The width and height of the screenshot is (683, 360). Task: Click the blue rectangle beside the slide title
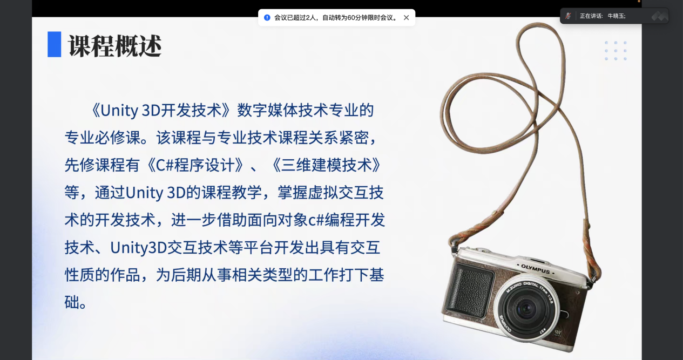point(55,44)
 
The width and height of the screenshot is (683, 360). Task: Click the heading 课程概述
point(114,46)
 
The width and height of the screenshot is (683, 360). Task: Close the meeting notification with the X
point(406,18)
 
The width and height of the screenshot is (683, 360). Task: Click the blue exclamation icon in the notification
point(267,18)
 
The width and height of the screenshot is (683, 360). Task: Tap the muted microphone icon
point(568,16)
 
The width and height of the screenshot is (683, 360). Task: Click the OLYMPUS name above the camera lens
point(535,269)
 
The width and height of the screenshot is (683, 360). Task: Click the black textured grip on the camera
point(469,290)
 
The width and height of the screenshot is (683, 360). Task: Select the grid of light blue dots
point(616,51)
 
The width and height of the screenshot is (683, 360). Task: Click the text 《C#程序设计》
point(195,165)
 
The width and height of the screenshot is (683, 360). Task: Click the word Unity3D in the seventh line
point(138,248)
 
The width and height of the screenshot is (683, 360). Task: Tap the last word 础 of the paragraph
point(72,302)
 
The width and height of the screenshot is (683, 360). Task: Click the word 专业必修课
point(103,138)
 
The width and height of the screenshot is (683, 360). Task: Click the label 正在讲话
point(590,16)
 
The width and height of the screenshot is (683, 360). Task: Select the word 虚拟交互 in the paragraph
point(338,193)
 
